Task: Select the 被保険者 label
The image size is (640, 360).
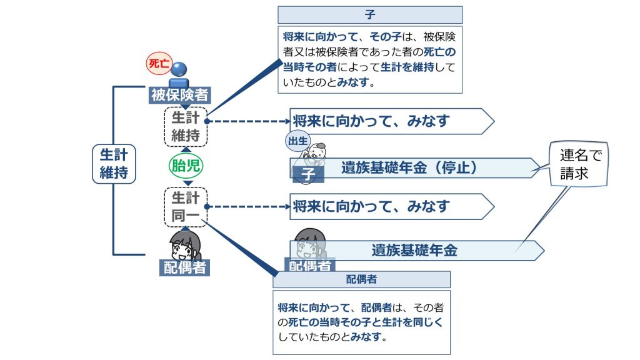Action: [x=180, y=95]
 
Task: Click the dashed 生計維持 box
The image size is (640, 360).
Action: [x=186, y=126]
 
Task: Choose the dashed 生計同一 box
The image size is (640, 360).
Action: [x=186, y=206]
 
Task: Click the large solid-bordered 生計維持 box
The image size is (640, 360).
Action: [x=113, y=164]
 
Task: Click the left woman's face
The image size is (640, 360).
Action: [x=184, y=246]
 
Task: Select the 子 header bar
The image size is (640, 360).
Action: [x=370, y=14]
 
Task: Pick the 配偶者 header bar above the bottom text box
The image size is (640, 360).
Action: [x=361, y=279]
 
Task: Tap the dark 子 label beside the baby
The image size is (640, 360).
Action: [x=307, y=174]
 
